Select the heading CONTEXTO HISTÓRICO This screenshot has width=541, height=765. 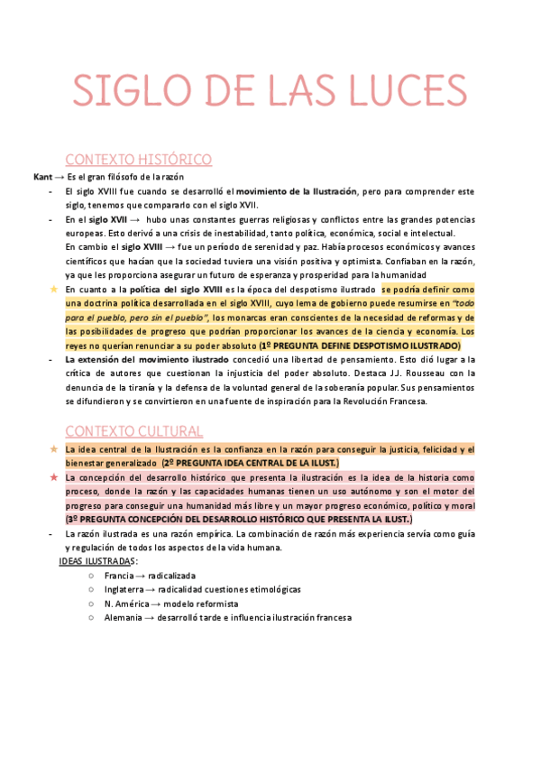tap(139, 160)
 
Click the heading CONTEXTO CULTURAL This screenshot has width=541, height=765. tap(133, 431)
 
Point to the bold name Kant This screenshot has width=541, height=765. tap(42, 178)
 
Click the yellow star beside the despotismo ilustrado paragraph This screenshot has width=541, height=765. tap(53, 289)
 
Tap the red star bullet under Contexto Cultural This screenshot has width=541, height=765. tap(53, 476)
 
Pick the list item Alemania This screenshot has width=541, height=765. tap(123, 618)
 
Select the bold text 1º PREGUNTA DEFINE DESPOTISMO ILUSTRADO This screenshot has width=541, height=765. tap(359, 346)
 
